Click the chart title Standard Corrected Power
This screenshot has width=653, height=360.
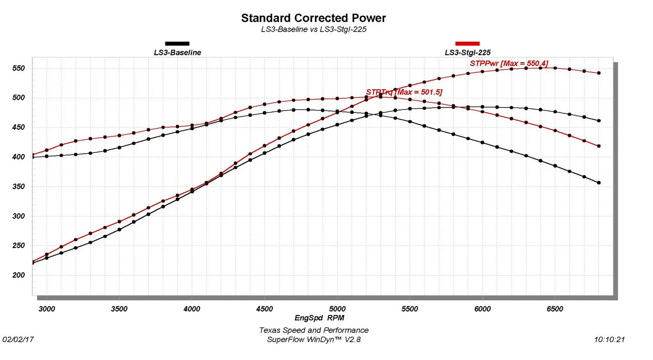pos(313,18)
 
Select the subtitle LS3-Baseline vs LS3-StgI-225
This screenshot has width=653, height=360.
pos(314,29)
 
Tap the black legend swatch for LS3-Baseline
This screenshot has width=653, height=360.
pos(177,44)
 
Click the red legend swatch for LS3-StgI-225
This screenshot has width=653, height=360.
pos(467,44)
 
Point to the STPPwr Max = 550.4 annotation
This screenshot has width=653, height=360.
pos(509,63)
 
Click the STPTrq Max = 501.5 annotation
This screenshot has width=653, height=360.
pos(404,92)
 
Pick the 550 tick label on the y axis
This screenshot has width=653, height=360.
pos(18,68)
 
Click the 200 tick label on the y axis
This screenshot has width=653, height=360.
pos(18,275)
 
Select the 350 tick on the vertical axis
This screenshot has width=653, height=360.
pos(18,187)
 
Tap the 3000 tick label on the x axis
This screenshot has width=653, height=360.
pos(47,309)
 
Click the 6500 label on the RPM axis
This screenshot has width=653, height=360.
pos(555,309)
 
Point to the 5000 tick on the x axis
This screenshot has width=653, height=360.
pos(337,309)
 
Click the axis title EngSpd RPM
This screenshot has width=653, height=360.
pos(319,318)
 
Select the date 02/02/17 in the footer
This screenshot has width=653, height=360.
pos(18,340)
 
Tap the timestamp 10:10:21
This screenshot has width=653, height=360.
pos(609,340)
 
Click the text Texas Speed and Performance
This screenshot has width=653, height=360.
pos(314,330)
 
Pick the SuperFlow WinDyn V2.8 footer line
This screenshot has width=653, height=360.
pos(314,340)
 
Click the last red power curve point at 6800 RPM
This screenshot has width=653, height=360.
pos(599,73)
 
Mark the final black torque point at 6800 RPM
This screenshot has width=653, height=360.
pos(599,183)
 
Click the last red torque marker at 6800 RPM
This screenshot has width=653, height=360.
pos(599,146)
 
